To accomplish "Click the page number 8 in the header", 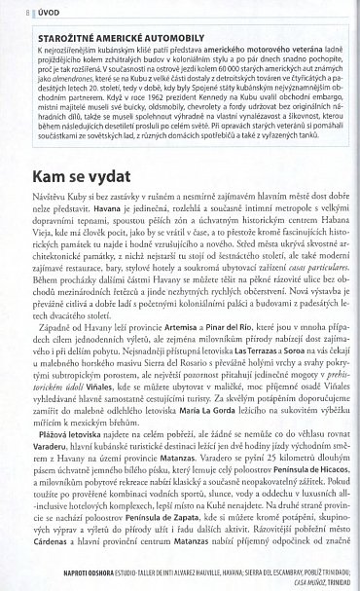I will [18, 13].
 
